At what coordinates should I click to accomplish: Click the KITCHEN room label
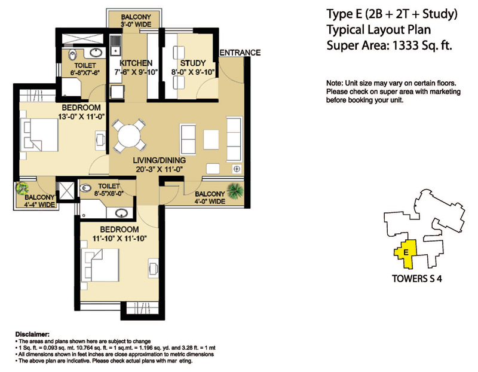pos(136,63)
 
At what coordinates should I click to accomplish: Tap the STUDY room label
pos(192,63)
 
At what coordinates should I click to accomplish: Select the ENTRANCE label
pos(240,53)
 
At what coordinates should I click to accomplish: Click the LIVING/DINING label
pos(160,161)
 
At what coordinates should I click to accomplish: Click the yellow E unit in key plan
pos(406,252)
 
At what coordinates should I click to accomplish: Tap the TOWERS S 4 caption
pos(416,278)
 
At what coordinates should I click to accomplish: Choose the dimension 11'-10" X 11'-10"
pos(119,238)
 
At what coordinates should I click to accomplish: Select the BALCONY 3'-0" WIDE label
pos(136,21)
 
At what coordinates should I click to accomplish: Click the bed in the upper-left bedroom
pos(39,133)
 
